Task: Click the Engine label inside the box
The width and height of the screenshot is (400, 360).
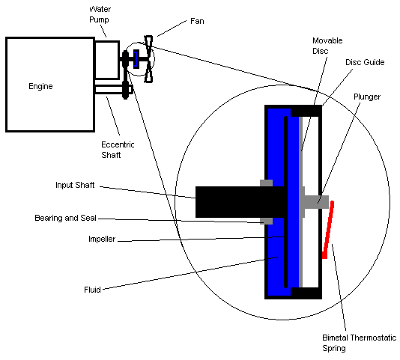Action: tap(40, 87)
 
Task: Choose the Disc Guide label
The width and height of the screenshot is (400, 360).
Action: tap(364, 63)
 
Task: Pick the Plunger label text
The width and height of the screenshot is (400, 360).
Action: tap(367, 97)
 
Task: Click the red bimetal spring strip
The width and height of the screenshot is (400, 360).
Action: tap(328, 230)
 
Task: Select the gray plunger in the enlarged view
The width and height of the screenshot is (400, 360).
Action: tap(315, 200)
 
